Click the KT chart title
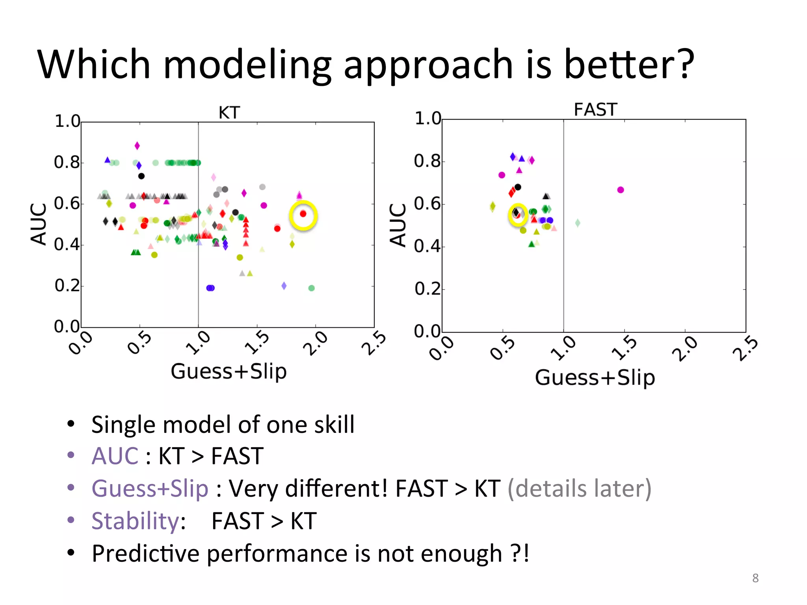229,113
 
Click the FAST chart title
595,109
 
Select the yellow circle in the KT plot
303,215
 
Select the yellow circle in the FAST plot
518,215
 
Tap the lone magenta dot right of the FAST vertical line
621,190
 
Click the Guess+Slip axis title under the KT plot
229,371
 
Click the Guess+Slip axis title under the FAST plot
595,378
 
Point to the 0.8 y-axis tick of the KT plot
67,162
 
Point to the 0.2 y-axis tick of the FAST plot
427,289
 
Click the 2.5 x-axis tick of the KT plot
373,343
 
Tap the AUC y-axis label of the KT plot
39,225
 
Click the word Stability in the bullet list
136,521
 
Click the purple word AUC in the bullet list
115,456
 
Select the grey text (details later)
579,489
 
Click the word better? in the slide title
629,64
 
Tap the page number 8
755,578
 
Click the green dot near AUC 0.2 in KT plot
311,288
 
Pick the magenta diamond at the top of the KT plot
137,146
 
